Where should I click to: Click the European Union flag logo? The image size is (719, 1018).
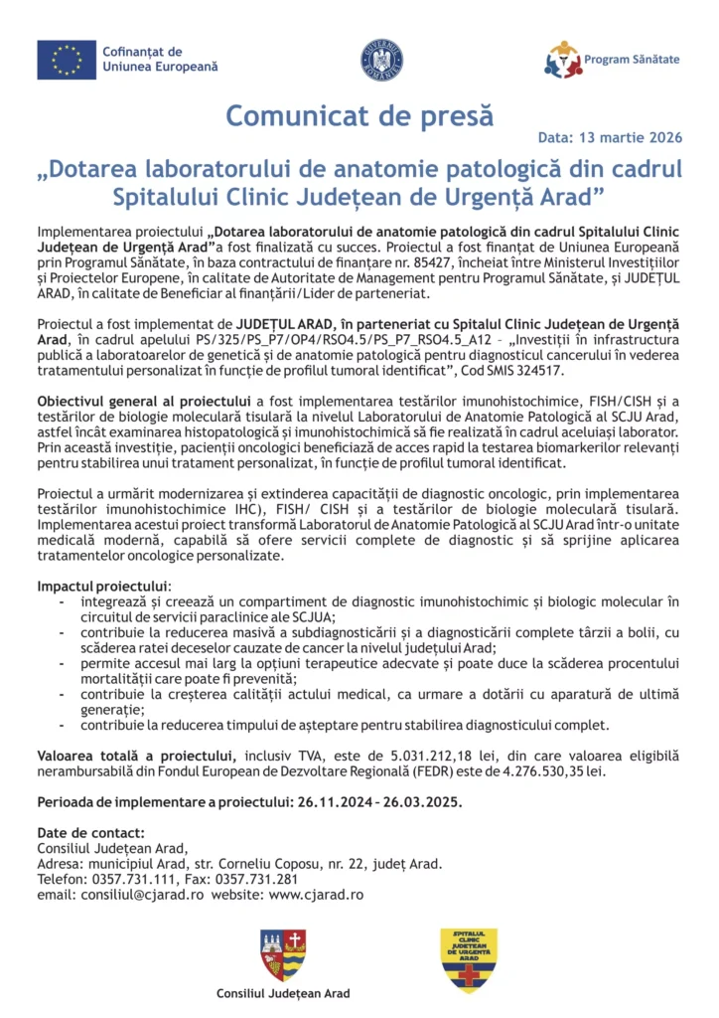(67, 60)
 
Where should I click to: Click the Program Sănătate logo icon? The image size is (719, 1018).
(563, 60)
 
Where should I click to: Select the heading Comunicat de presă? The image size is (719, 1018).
(359, 115)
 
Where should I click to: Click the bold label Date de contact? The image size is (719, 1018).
(91, 833)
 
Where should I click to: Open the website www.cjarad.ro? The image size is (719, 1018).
(316, 894)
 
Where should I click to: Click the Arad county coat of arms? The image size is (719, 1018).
(283, 954)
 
